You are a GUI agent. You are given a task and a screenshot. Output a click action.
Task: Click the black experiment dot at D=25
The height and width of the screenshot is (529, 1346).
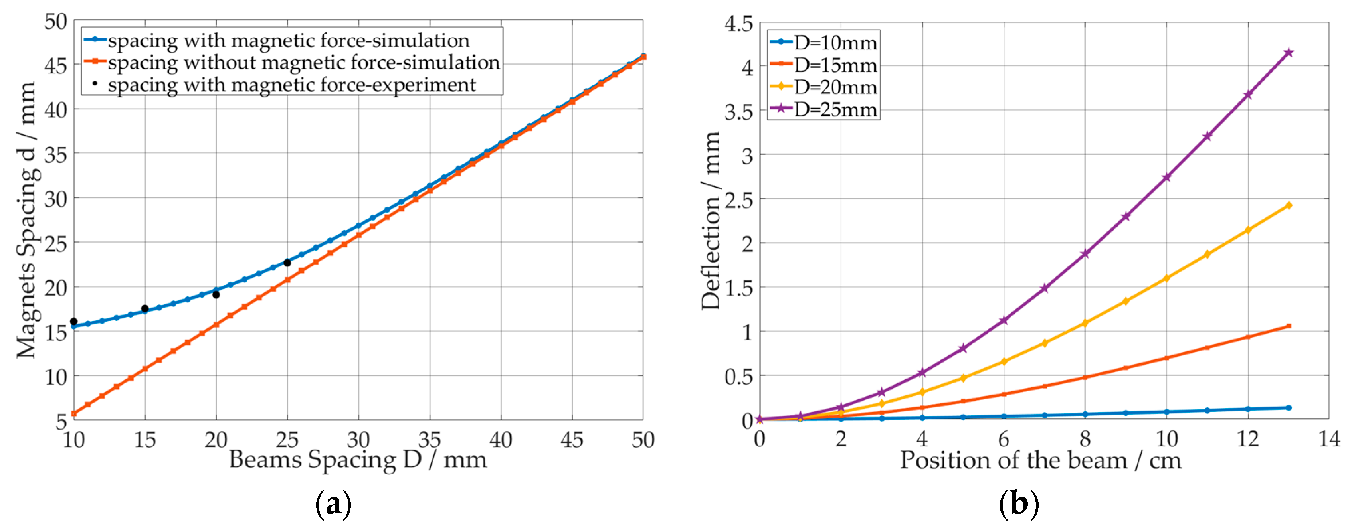pyautogui.click(x=287, y=263)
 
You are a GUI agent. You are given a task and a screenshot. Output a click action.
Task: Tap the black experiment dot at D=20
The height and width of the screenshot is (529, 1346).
pyautogui.click(x=216, y=294)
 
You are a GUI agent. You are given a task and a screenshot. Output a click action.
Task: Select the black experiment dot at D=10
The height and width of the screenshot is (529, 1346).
pyautogui.click(x=74, y=322)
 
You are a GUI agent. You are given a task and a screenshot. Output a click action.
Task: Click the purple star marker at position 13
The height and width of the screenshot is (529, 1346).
pyautogui.click(x=1289, y=52)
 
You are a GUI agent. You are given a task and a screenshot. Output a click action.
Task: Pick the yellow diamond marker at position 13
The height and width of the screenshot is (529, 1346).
pyautogui.click(x=1289, y=205)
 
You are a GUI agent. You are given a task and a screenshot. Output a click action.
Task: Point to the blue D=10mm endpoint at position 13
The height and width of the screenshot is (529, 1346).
pyautogui.click(x=1289, y=408)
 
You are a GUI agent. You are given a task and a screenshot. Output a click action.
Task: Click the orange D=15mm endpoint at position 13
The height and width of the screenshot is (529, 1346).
pyautogui.click(x=1289, y=326)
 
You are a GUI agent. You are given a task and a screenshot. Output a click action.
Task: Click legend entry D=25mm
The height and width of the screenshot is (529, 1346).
pyautogui.click(x=835, y=110)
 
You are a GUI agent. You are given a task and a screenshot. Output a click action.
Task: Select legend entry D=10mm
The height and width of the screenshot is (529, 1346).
pyautogui.click(x=835, y=43)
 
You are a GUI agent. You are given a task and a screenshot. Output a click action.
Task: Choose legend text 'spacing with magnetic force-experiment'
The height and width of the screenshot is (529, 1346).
pyautogui.click(x=291, y=85)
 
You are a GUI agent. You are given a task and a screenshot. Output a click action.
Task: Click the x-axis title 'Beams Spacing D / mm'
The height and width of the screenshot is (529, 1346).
pyautogui.click(x=358, y=460)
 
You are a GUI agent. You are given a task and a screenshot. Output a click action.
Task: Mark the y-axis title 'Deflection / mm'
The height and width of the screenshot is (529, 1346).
pyautogui.click(x=711, y=221)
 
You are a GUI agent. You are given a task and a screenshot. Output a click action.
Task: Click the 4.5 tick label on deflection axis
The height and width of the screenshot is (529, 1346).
pyautogui.click(x=738, y=24)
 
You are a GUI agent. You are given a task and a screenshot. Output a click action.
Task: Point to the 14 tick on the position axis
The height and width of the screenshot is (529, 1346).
pyautogui.click(x=1329, y=439)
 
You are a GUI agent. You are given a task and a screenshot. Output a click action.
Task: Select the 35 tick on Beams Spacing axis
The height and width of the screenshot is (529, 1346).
pyautogui.click(x=430, y=440)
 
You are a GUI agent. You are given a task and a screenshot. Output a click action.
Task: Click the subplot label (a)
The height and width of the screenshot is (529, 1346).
pyautogui.click(x=333, y=504)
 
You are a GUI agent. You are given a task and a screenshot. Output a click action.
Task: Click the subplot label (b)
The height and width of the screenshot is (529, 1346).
pyautogui.click(x=1018, y=504)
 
